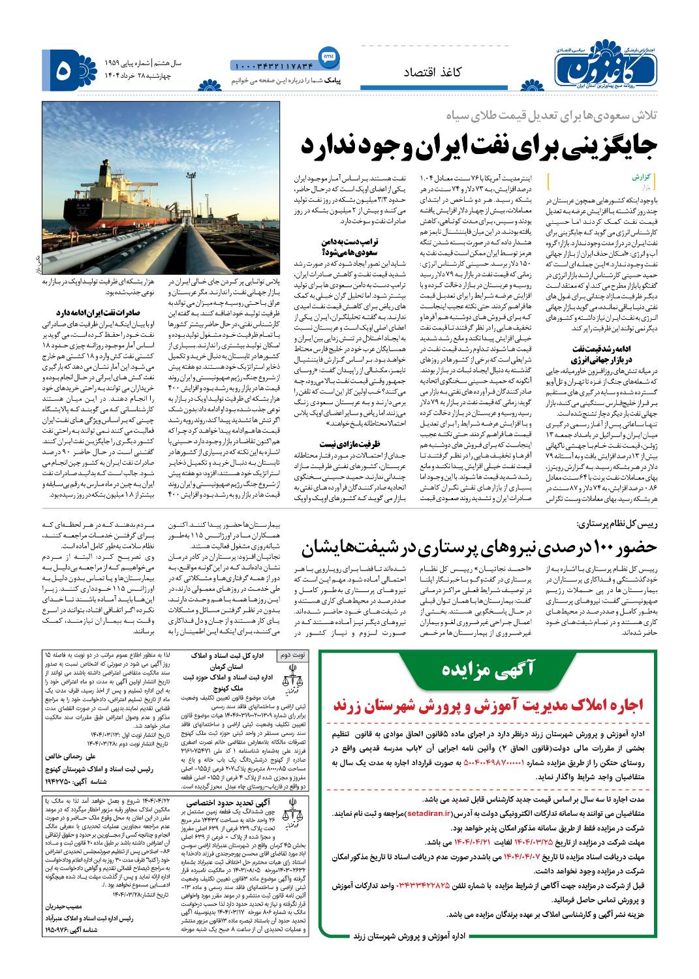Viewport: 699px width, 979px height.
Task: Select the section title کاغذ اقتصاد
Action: point(433,72)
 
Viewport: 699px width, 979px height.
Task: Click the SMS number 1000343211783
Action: point(272,65)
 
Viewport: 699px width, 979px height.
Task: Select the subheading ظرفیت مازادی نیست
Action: point(331,424)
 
